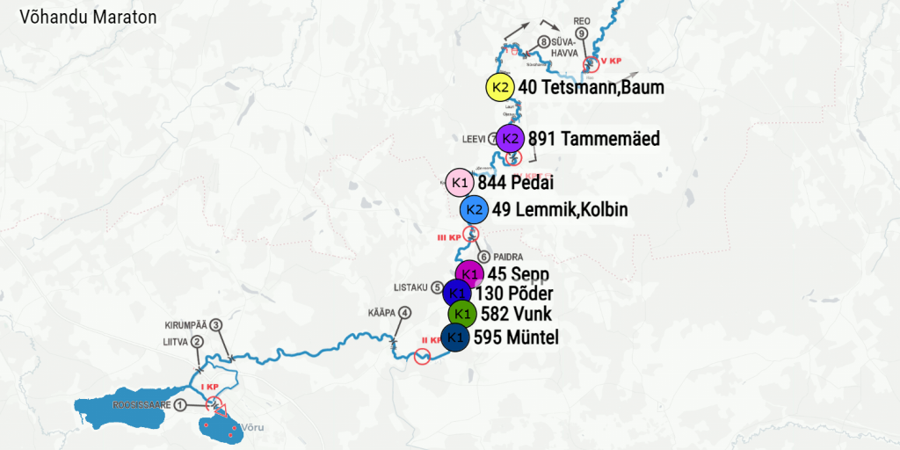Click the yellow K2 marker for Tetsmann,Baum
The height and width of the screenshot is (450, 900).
(x=500, y=87)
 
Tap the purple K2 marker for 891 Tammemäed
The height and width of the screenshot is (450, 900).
(x=510, y=138)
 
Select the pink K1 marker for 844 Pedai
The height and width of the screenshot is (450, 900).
(x=459, y=183)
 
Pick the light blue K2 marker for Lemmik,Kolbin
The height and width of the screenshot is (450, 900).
(x=474, y=209)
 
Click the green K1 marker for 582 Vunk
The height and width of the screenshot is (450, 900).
(x=462, y=314)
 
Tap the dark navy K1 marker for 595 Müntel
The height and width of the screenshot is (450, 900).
(x=454, y=337)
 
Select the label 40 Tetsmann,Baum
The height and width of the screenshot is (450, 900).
(x=591, y=87)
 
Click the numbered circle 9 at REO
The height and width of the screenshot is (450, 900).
(x=582, y=33)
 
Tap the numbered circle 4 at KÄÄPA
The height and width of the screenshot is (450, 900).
(x=404, y=312)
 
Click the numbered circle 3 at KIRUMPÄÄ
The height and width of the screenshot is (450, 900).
(x=216, y=324)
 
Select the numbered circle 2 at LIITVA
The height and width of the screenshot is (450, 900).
(x=198, y=342)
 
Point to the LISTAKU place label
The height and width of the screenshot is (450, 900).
(x=410, y=287)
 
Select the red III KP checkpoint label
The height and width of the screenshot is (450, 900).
(x=448, y=237)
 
